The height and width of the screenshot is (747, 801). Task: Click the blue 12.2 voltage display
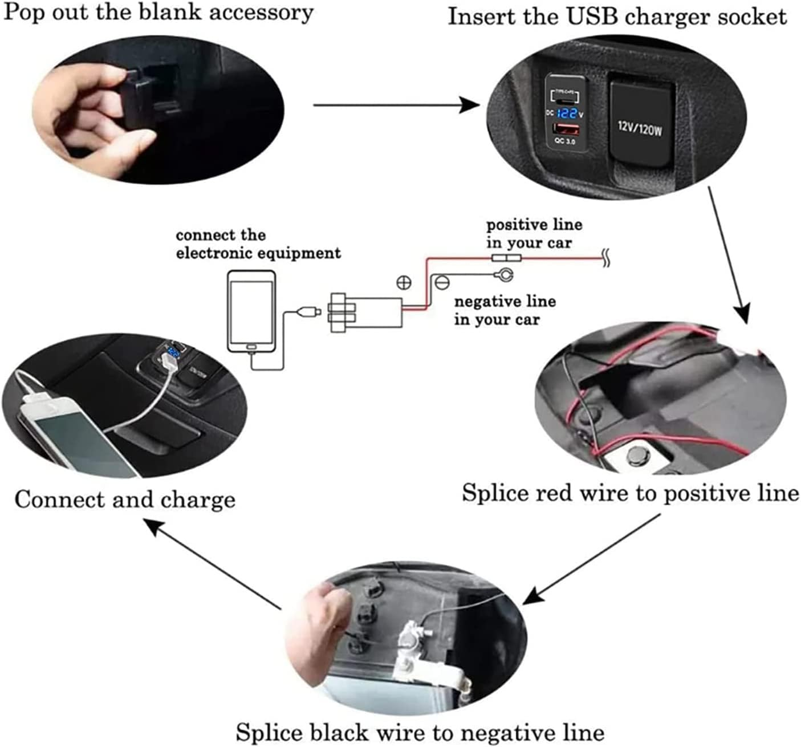(564, 113)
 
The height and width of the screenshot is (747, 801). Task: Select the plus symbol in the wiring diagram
(404, 282)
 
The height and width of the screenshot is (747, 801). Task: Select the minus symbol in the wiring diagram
(442, 282)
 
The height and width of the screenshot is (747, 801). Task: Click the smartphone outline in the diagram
(251, 311)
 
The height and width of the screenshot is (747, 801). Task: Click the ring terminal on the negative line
(505, 275)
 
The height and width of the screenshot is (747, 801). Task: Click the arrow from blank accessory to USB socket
(396, 105)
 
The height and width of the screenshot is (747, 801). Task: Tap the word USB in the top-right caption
(586, 17)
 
